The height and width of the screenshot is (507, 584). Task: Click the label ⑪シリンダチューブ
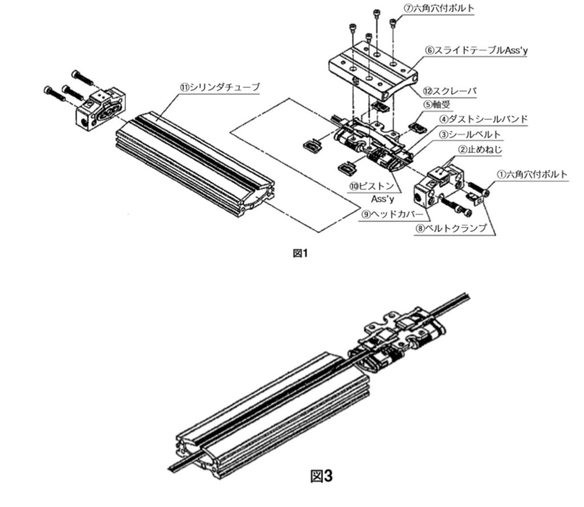(x=220, y=87)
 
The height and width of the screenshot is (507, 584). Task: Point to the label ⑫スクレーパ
(x=450, y=91)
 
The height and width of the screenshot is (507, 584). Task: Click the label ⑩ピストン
(x=372, y=186)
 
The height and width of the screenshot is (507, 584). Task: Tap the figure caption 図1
(x=300, y=253)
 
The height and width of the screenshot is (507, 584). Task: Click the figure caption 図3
(x=321, y=476)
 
